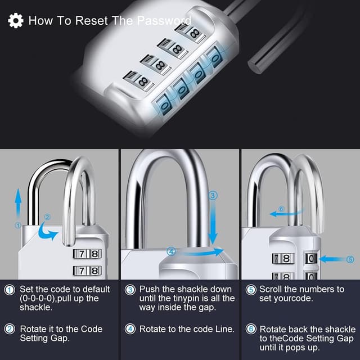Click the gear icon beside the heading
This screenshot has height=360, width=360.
(16, 21)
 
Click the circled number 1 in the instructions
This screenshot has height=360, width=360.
(10, 290)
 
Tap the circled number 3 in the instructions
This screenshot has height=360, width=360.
(130, 290)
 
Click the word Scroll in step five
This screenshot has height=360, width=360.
(271, 289)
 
